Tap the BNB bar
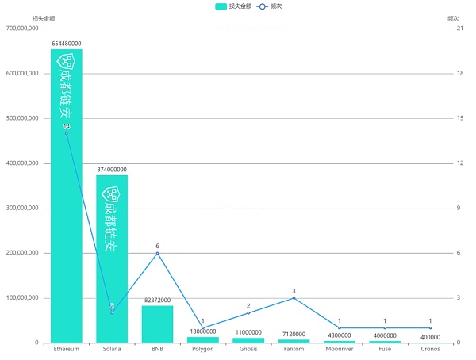point(157,324)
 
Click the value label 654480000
point(67,44)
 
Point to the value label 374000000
point(112,170)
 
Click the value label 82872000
point(157,301)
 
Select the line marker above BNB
point(157,253)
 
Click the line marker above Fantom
point(294,298)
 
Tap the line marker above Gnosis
point(248,313)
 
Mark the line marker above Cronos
point(430,328)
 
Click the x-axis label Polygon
point(202,350)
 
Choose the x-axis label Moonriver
point(339,350)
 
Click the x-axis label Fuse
point(385,350)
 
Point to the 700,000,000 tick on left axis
point(22,29)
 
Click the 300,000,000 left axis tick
point(22,209)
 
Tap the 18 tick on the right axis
point(459,74)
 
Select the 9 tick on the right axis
point(458,209)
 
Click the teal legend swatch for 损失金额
point(220,6)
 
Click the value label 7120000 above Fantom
point(294,335)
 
